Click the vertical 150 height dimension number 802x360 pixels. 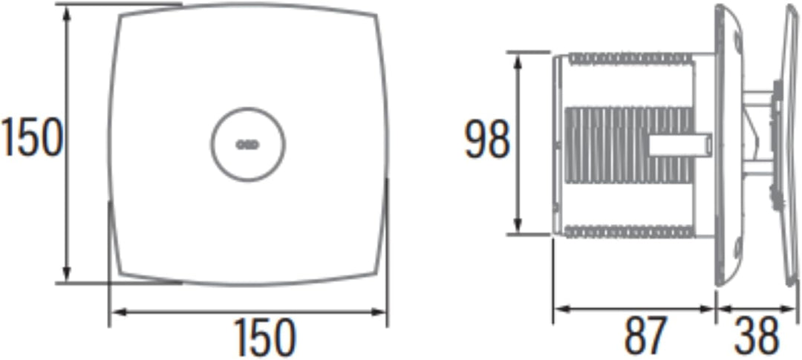(31, 137)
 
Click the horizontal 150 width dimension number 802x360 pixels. (264, 338)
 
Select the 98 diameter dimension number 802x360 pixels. (487, 139)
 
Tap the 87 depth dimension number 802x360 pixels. (646, 336)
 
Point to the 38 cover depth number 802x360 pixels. (757, 336)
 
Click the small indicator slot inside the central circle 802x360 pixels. (247, 145)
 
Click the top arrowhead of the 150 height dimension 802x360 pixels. (66, 13)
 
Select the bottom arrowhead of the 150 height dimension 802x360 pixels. (66, 273)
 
